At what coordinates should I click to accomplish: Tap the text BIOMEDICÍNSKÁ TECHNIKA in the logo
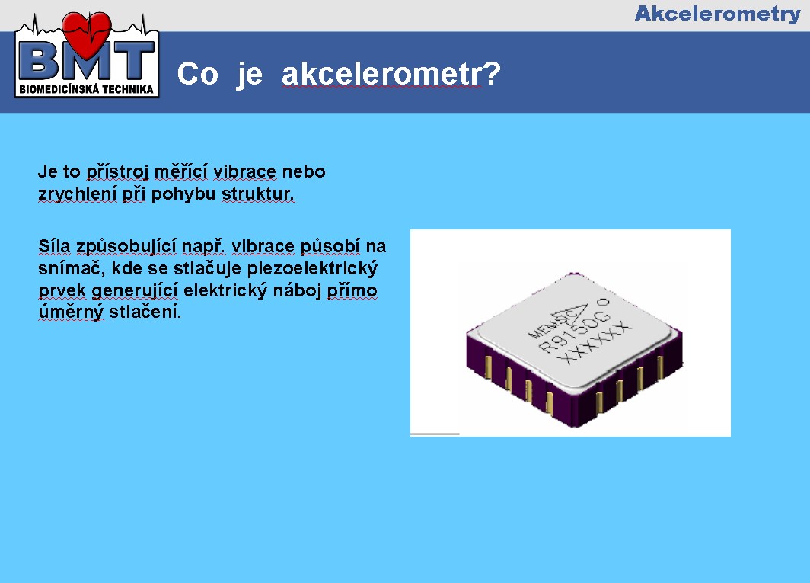(x=86, y=89)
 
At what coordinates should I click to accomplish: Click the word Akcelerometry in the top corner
(x=718, y=14)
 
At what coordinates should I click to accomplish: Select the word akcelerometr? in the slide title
(x=391, y=74)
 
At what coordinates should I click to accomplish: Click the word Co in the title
(x=197, y=74)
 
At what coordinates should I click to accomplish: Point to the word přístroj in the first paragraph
(x=117, y=171)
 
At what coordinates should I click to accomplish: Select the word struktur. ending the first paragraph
(x=258, y=194)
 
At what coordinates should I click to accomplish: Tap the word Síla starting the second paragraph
(x=54, y=246)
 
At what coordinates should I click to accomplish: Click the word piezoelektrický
(x=312, y=268)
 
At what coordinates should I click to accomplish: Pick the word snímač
(x=72, y=268)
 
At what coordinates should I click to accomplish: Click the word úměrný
(x=71, y=312)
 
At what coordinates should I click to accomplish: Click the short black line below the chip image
(x=435, y=434)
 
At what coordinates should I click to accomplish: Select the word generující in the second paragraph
(x=134, y=290)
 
